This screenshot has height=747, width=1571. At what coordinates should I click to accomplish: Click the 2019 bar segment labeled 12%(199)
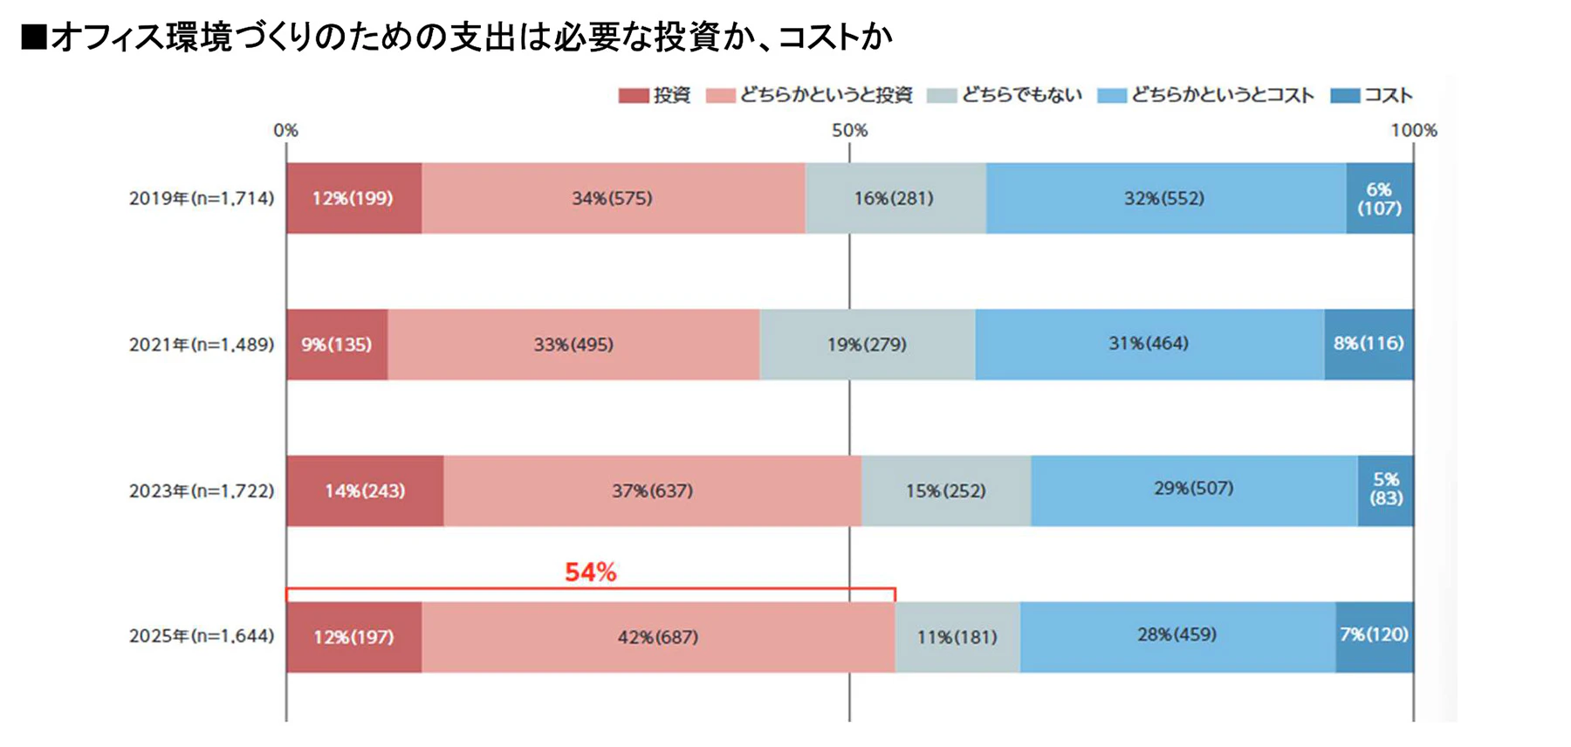tap(353, 198)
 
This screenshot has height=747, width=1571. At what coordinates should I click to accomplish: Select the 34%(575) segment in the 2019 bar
tap(613, 198)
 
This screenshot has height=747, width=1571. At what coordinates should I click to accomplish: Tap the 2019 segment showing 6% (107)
tap(1379, 198)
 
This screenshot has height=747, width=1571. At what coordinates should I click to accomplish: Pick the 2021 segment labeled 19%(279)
tap(867, 344)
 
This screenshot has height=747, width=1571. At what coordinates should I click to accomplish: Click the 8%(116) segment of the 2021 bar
tap(1368, 344)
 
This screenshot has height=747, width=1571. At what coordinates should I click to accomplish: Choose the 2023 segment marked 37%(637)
tap(652, 490)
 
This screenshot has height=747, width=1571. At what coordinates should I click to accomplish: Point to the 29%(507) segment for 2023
tap(1193, 489)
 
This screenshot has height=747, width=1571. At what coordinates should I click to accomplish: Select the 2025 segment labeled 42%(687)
tap(658, 637)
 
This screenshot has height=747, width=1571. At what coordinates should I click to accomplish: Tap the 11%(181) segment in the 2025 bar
tap(957, 637)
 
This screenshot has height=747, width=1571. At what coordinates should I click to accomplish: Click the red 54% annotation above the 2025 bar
tap(591, 572)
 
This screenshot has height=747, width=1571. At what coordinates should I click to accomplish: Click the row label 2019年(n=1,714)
tap(202, 198)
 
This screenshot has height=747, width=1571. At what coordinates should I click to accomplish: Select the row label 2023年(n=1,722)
tap(202, 490)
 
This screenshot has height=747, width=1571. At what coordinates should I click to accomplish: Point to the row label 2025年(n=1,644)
tap(202, 636)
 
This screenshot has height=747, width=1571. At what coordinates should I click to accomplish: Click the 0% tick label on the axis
tap(285, 131)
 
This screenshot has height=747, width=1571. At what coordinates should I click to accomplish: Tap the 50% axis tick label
tap(849, 131)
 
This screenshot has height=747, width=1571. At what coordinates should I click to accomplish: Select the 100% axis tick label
tap(1413, 131)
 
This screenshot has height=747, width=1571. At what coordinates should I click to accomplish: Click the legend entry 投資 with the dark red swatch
tap(655, 95)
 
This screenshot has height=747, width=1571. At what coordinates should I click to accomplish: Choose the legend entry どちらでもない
tap(1005, 95)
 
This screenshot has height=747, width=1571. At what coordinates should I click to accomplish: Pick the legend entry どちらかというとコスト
tap(1205, 95)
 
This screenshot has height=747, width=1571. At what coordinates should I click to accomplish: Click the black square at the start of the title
tap(34, 38)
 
